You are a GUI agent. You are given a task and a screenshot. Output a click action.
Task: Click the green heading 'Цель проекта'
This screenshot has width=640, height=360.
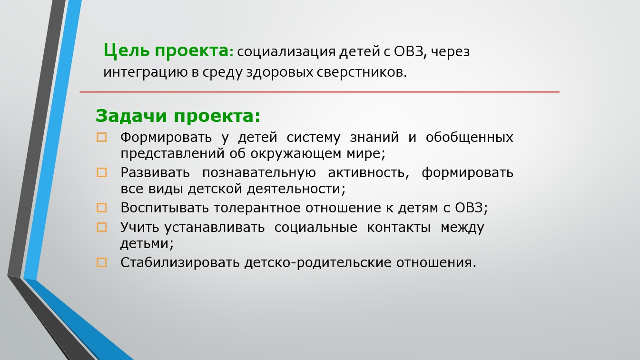[x=166, y=51]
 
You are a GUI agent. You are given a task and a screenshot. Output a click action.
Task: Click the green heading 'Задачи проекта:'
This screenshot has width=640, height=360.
[x=178, y=116]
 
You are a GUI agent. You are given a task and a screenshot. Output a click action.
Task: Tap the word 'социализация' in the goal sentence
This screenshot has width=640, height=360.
[x=286, y=52]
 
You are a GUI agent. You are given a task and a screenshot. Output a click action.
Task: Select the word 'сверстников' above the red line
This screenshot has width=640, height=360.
[x=362, y=72]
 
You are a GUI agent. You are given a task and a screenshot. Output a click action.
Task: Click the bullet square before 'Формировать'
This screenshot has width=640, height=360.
[x=102, y=137]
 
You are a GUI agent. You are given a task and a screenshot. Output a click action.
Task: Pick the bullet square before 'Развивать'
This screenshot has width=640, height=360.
[x=102, y=172]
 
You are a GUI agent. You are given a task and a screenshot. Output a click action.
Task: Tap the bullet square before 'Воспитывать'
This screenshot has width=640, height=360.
[x=102, y=208]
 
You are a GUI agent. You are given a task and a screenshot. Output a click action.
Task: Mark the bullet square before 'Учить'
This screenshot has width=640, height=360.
[x=102, y=227]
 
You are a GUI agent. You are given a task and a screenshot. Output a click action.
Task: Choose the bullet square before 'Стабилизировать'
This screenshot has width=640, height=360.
[x=102, y=262]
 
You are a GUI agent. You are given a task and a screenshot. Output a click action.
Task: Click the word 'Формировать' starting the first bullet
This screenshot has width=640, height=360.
[x=166, y=138]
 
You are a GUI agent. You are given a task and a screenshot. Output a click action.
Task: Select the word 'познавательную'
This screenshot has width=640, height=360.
[x=259, y=173]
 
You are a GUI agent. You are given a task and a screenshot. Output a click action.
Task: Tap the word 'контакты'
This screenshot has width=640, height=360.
[x=399, y=228]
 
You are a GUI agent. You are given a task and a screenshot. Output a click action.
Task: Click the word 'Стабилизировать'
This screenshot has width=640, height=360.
[x=180, y=263]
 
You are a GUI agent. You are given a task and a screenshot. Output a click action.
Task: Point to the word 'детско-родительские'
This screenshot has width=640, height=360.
[x=318, y=263]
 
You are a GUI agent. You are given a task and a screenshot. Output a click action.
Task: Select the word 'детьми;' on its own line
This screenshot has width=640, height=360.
[x=147, y=244]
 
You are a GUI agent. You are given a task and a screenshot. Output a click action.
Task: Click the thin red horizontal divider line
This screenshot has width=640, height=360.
[x=319, y=92]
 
